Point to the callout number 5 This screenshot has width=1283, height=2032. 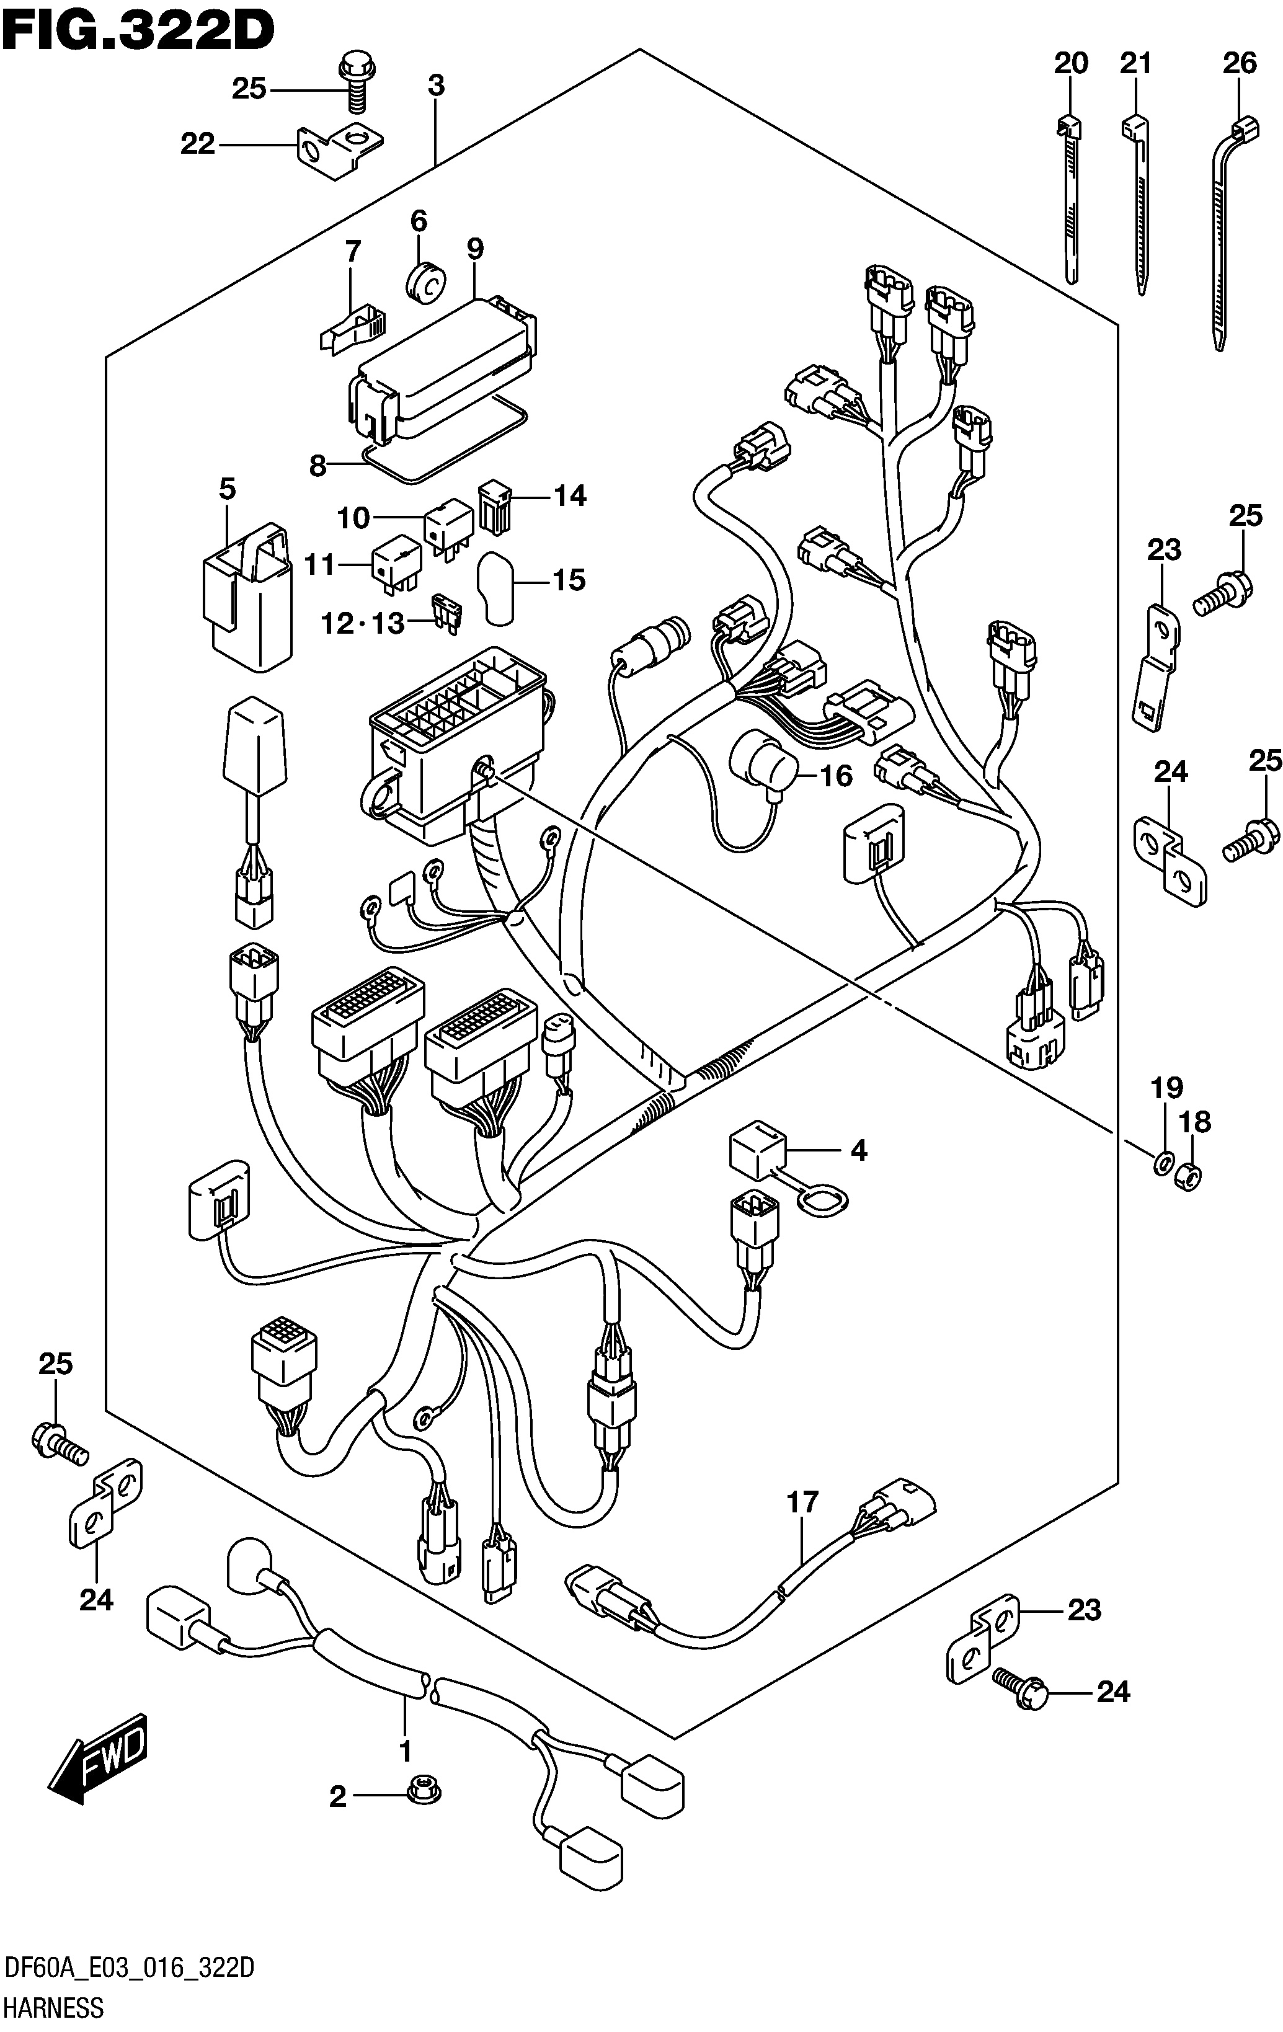pyautogui.click(x=227, y=489)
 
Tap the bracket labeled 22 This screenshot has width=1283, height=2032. pyautogui.click(x=339, y=149)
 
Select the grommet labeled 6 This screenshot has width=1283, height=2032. pyautogui.click(x=426, y=281)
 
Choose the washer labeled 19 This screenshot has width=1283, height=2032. pyautogui.click(x=1161, y=1165)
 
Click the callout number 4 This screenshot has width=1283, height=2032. pyautogui.click(x=858, y=1150)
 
